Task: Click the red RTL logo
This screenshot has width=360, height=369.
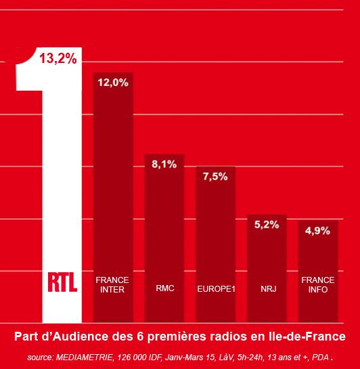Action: pos(62,280)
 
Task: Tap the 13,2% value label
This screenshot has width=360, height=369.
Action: pos(58,58)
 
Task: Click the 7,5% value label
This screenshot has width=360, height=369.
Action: pos(216,177)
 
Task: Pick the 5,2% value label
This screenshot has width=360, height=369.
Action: pos(267,225)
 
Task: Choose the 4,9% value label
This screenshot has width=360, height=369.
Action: pos(317,231)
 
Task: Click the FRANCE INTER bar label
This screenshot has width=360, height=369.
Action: pos(112,285)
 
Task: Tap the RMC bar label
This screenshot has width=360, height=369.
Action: pos(164,289)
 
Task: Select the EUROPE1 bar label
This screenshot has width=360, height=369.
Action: pos(216,289)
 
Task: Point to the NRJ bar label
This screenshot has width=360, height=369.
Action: pos(267,289)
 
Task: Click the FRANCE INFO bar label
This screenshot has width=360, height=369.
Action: pos(317,285)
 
